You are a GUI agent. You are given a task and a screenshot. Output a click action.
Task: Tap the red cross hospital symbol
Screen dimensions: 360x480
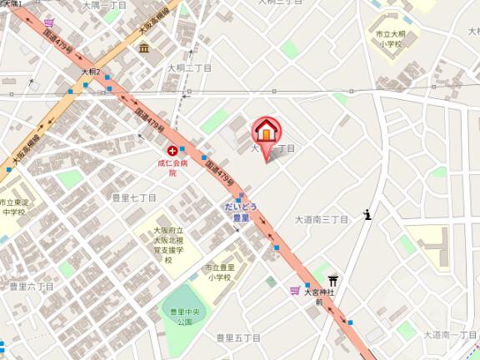point(172,151)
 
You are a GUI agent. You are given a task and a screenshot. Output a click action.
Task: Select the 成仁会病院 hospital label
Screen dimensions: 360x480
point(172,167)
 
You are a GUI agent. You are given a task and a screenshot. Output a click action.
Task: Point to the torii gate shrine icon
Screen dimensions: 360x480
point(333,280)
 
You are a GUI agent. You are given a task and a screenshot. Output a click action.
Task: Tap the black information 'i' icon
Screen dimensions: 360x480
point(367,215)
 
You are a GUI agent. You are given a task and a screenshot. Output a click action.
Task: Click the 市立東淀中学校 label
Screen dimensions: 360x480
point(14,207)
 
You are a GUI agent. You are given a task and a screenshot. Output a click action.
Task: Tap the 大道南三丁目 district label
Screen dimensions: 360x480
point(322,220)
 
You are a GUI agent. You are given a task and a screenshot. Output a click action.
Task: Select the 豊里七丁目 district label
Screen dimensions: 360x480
point(134,197)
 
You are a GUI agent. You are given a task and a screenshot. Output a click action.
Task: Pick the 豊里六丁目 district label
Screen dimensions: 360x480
point(31,286)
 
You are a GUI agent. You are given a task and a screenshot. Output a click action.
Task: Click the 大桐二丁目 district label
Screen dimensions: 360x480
point(189,67)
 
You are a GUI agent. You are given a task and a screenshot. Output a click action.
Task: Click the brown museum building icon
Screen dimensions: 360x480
point(145,47)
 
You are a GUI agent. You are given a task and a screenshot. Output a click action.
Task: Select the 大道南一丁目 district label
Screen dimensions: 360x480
point(449,334)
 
